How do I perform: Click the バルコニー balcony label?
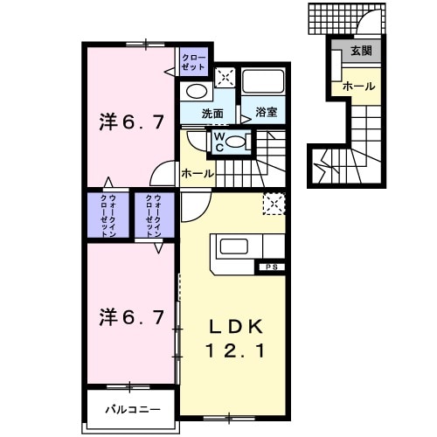[134, 408]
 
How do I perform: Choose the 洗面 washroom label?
[213, 114]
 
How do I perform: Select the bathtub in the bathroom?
[265, 83]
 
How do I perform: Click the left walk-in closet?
[108, 215]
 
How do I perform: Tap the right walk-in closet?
[155, 215]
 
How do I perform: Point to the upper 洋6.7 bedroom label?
[129, 123]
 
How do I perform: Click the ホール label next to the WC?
[197, 174]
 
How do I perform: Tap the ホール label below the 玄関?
[359, 87]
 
